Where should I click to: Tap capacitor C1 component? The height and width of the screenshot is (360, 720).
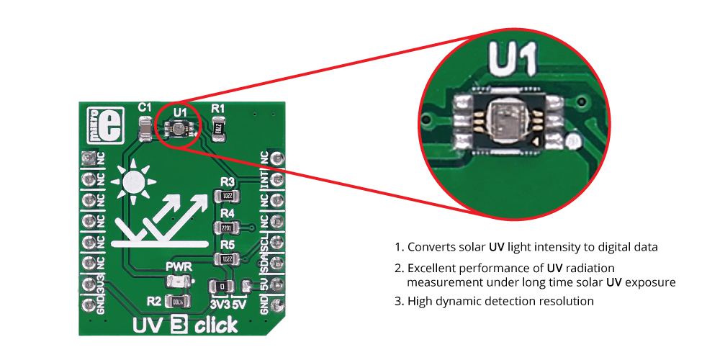(x=144, y=130)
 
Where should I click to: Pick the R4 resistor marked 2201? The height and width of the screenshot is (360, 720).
(x=225, y=228)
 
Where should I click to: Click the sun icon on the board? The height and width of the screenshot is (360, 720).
(x=134, y=181)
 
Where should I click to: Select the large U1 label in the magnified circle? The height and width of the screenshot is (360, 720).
(x=512, y=59)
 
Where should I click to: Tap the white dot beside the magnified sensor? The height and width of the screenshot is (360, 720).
(x=574, y=140)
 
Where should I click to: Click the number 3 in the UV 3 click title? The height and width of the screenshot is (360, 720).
(x=179, y=326)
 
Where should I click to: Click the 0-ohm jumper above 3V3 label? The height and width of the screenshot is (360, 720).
(x=223, y=286)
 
